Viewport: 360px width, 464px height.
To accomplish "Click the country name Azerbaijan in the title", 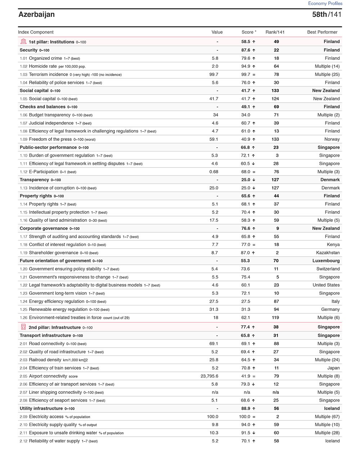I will click(x=37, y=14).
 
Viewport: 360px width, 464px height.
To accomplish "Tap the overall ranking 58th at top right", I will click(x=319, y=14).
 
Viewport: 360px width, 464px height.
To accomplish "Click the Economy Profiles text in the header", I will click(x=325, y=3).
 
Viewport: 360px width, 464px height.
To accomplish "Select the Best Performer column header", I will click(x=322, y=32).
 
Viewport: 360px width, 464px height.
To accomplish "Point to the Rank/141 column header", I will click(x=275, y=32).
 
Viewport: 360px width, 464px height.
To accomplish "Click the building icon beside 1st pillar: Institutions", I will click(x=24, y=41).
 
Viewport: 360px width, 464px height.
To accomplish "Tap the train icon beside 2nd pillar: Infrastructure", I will click(x=24, y=327).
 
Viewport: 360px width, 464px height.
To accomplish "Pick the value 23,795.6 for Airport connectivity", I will click(x=209, y=376).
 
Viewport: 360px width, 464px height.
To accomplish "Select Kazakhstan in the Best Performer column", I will click(x=328, y=253).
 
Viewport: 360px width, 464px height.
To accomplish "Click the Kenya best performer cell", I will click(x=333, y=245).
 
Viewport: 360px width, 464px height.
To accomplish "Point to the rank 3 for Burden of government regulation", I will click(x=277, y=156).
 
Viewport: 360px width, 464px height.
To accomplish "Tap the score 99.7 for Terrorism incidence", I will click(x=246, y=75).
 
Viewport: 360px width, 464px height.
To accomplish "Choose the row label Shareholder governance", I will click(x=53, y=253).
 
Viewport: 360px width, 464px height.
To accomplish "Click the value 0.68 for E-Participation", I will click(x=213, y=172).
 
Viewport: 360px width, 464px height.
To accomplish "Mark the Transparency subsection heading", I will click(x=34, y=180).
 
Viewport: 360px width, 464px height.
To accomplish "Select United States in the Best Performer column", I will click(x=326, y=285).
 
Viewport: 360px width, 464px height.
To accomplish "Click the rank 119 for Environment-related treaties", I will click(x=275, y=318).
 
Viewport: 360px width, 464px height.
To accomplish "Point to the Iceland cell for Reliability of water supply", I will click(x=332, y=441).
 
